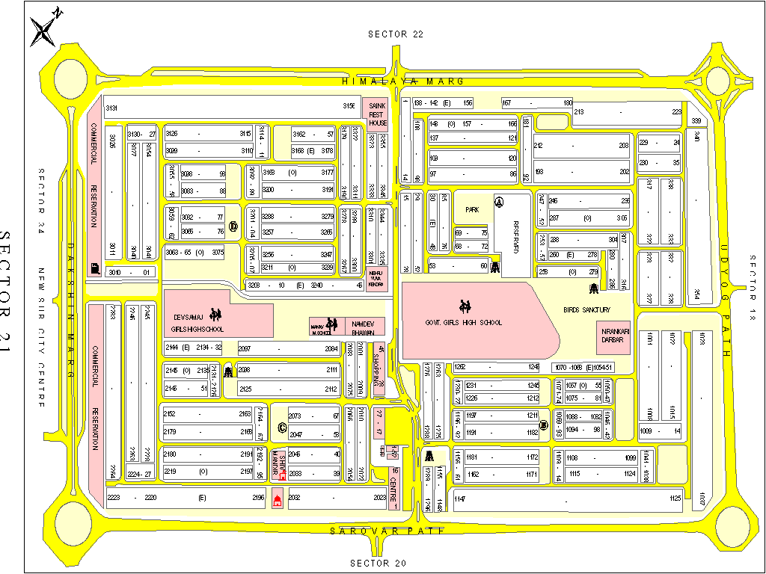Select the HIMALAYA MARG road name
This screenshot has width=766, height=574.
point(403,81)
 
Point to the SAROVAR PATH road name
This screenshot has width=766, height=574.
point(387,531)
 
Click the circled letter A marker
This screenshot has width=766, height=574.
point(500,202)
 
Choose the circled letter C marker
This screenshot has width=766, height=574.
point(282,428)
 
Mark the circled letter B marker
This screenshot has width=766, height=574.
point(544,425)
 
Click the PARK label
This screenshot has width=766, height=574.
point(471,210)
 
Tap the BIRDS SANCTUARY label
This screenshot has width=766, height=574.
point(587,309)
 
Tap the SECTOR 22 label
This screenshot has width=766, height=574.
point(396,34)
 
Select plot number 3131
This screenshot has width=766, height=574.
point(111,108)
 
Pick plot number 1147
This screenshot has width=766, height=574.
point(459,499)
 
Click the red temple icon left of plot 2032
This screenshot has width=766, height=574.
point(278,500)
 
